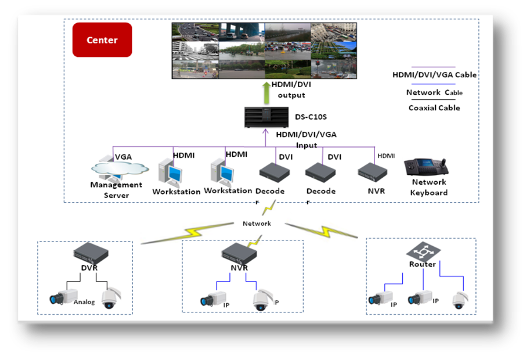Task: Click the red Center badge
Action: point(102,40)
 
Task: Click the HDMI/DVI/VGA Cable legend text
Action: point(434,75)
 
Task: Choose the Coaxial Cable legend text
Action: point(434,108)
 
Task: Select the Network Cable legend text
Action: point(434,92)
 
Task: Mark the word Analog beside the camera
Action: point(84,302)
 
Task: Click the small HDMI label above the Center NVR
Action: point(385,156)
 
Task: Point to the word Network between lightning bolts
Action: point(257,224)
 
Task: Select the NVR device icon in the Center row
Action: point(372,171)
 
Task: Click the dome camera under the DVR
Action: point(110,298)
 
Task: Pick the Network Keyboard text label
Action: point(429,188)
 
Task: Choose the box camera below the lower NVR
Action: point(212,298)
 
